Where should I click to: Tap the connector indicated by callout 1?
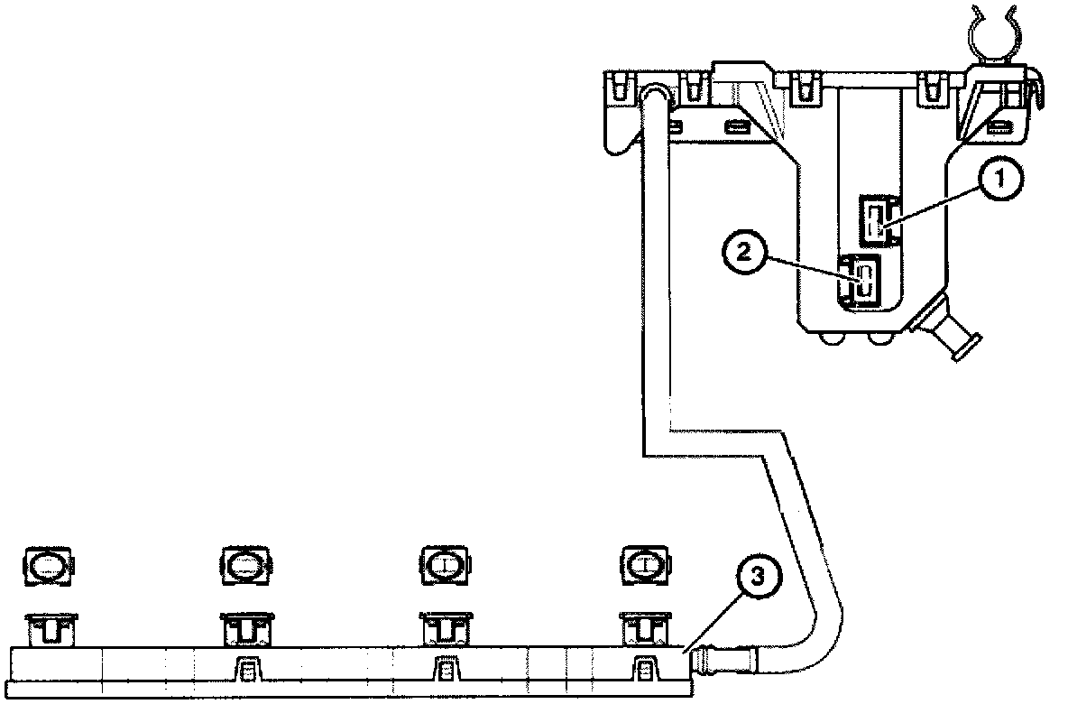click(875, 220)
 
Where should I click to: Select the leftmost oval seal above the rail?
click(48, 565)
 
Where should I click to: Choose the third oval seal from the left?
click(445, 565)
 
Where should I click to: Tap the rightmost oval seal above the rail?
click(644, 565)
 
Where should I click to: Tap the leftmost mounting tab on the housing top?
click(618, 88)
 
